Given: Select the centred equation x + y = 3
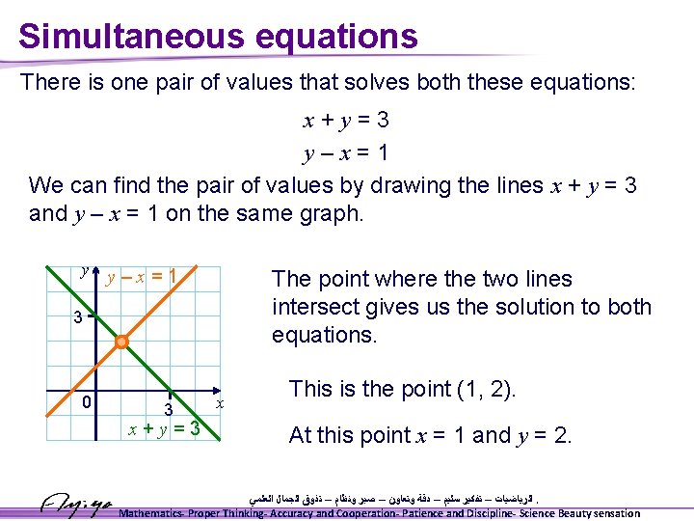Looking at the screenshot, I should click(x=346, y=121).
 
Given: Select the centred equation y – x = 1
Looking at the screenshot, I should click(x=345, y=152).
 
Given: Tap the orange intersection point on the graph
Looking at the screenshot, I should click(x=121, y=343).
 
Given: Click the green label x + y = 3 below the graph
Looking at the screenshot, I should click(x=164, y=427).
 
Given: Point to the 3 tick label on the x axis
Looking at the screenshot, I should click(x=167, y=411).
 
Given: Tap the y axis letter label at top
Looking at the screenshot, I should click(x=84, y=272).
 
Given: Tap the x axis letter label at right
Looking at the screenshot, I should click(x=220, y=401).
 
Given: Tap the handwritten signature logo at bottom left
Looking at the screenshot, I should click(x=78, y=504).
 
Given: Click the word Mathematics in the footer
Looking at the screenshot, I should click(x=157, y=513).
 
